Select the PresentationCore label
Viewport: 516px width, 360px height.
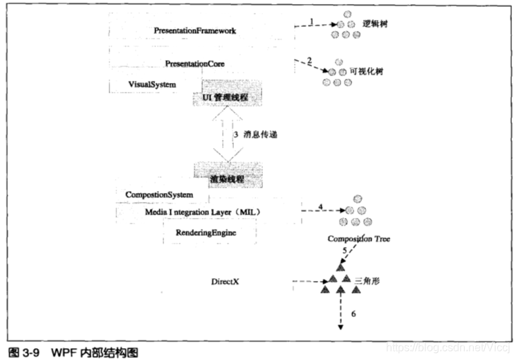194,63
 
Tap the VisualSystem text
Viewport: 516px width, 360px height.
152,84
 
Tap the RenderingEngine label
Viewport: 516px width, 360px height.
205,233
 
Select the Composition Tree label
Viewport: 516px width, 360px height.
360,239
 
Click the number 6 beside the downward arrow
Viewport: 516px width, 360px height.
354,314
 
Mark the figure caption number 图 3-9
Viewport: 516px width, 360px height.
22,352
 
